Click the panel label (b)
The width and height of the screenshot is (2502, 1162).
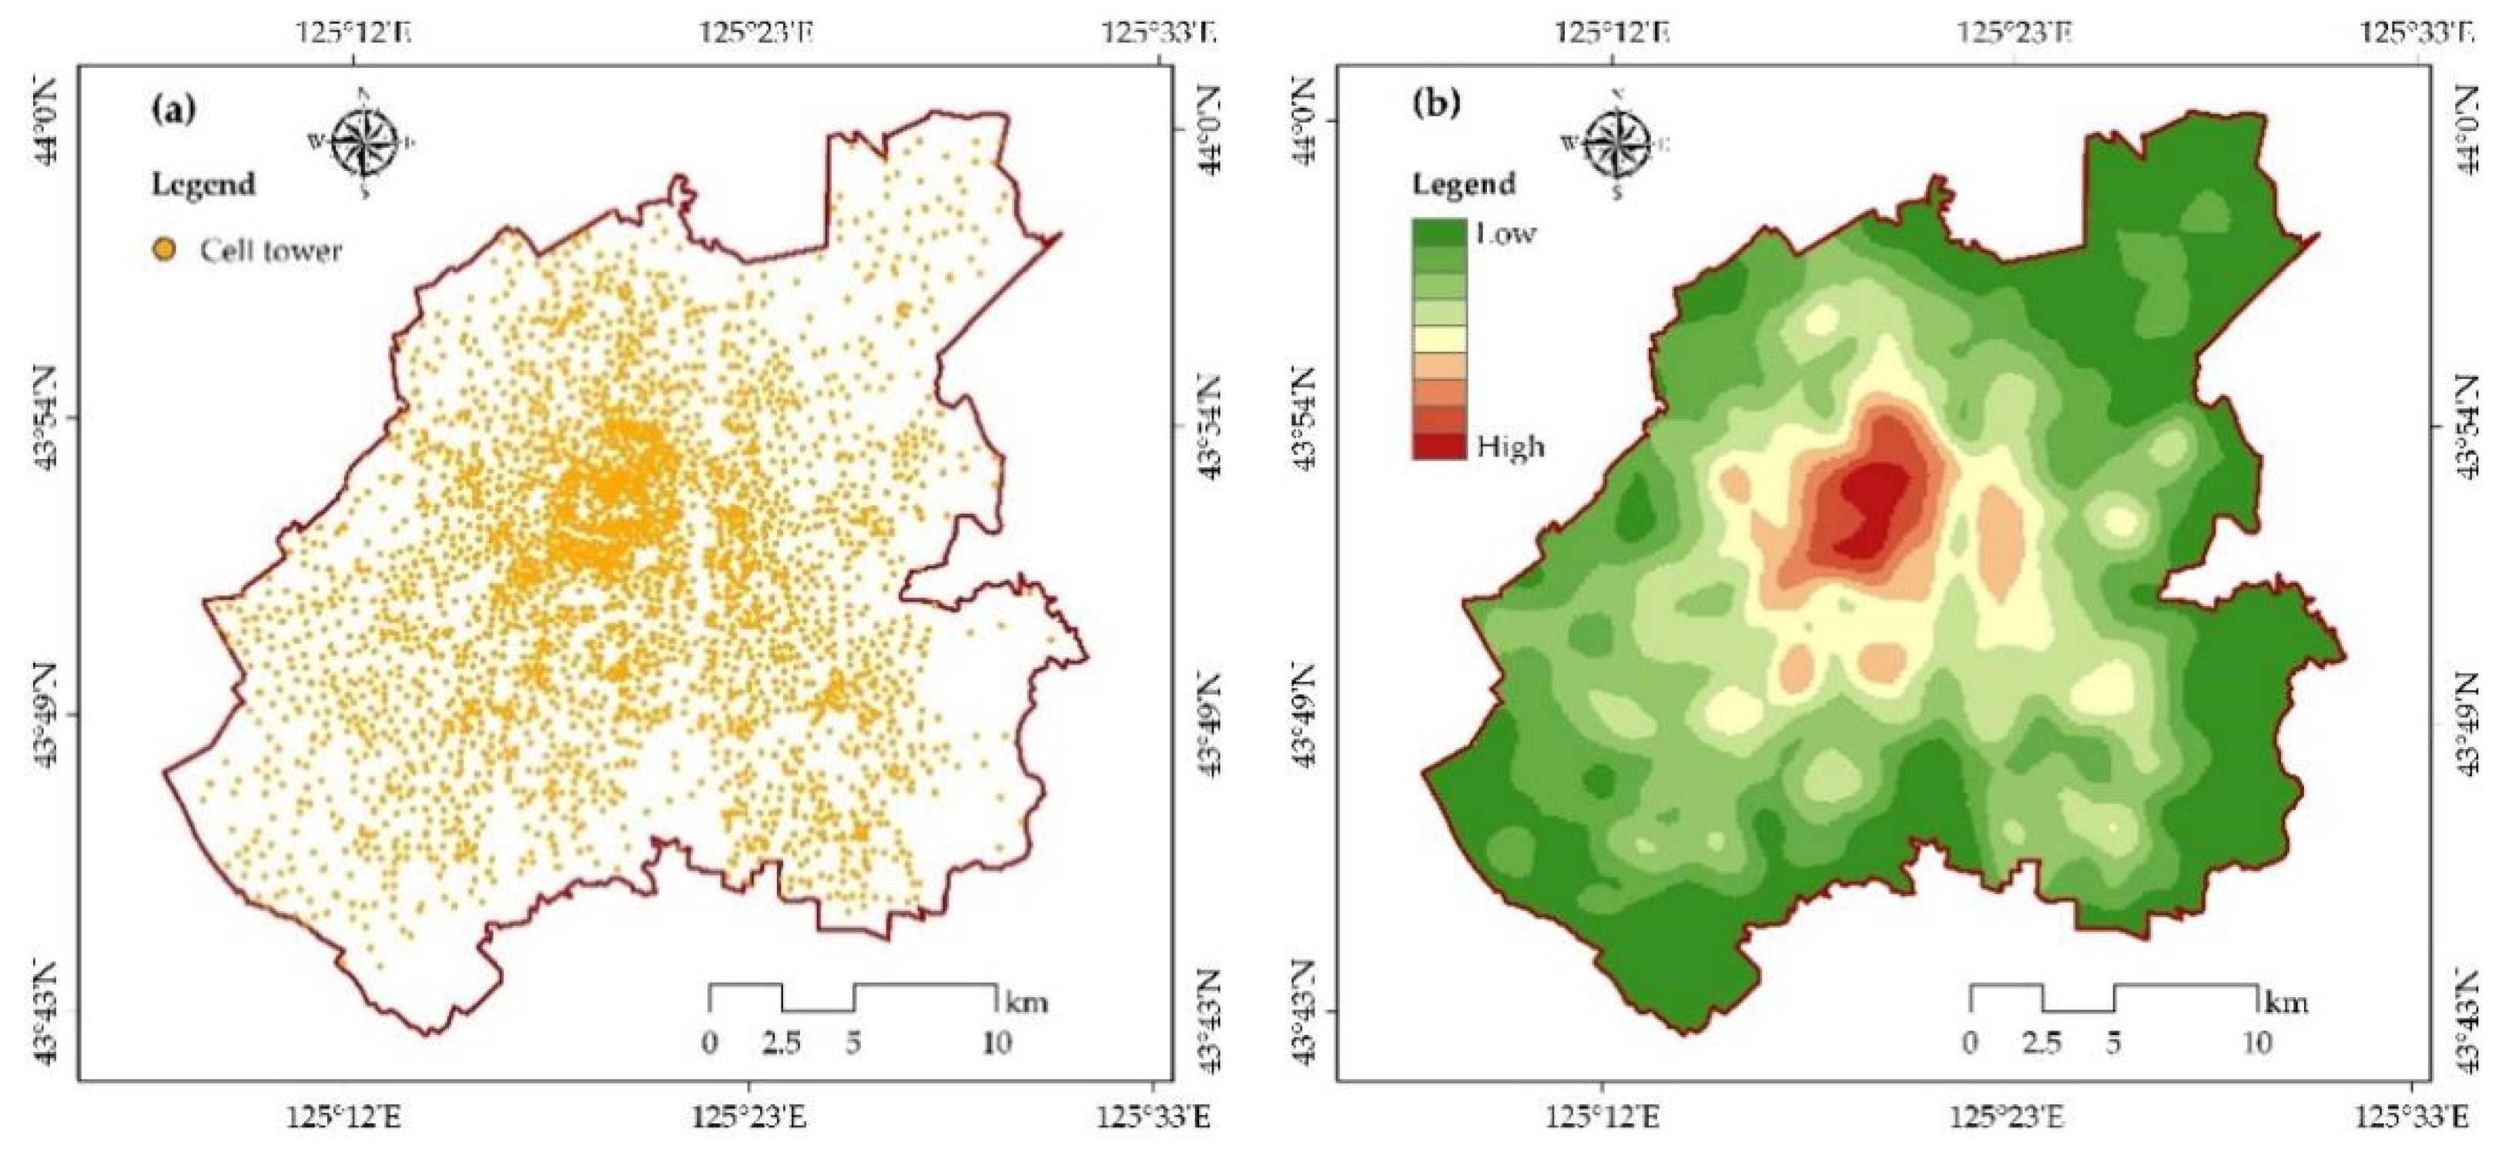tap(1435, 104)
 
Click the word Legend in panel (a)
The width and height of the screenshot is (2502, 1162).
tap(203, 185)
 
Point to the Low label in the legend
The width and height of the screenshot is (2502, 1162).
tap(1506, 234)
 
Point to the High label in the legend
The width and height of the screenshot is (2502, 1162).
tap(1510, 447)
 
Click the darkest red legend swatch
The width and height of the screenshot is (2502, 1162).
tap(1439, 446)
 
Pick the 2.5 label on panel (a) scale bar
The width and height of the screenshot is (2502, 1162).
tap(781, 1043)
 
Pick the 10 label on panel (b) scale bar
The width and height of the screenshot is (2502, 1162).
tap(2256, 1043)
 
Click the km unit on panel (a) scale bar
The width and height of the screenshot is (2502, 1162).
tap(1026, 1001)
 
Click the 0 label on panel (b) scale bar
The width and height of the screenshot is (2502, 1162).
tap(1970, 1043)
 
